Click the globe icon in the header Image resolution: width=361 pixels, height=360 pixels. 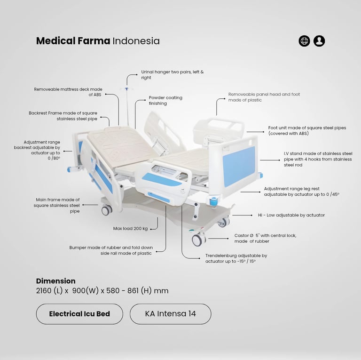pos(304,41)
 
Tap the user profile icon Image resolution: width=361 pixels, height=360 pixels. pos(319,41)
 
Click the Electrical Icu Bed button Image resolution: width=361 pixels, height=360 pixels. pos(79,314)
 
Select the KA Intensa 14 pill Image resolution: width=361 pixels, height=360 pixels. pos(170,314)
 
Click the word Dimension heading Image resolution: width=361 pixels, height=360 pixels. pos(56,281)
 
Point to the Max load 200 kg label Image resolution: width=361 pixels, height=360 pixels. pos(130,228)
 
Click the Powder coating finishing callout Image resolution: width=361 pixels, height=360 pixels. pos(165,101)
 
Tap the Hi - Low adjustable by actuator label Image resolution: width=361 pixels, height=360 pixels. pos(291,215)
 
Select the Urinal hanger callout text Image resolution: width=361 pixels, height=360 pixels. pos(173,75)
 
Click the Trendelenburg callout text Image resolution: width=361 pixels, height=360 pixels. pos(236,258)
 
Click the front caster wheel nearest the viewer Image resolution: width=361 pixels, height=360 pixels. pos(198,239)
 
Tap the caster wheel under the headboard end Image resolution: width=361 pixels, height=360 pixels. pos(107,210)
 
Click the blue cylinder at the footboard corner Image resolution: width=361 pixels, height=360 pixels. pos(213,201)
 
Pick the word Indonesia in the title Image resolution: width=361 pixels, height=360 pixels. pos(136,41)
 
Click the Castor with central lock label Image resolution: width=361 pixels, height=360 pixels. pos(265,238)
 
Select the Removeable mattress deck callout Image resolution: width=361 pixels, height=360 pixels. pos(68,92)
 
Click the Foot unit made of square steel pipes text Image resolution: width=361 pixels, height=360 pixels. pos(307,130)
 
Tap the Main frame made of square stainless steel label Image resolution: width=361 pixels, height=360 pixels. pos(56,205)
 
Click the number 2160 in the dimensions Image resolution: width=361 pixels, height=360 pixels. pos(44,290)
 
